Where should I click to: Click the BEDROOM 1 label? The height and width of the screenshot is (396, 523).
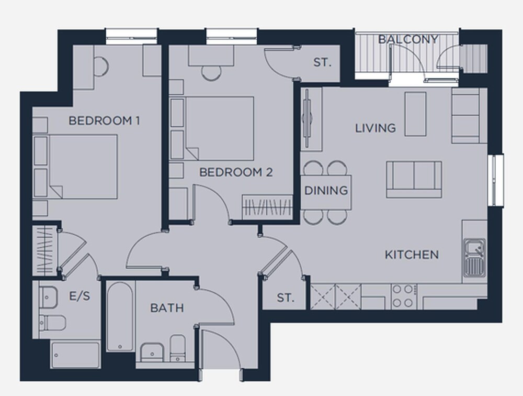click(104, 120)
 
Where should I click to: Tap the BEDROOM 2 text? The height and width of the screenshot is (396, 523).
click(236, 172)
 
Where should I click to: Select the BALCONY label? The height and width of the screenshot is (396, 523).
click(408, 39)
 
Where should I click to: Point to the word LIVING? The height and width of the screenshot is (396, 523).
click(375, 128)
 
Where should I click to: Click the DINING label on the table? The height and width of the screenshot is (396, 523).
click(326, 191)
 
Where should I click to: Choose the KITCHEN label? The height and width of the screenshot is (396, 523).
click(412, 255)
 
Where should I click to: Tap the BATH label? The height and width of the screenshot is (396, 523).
click(167, 308)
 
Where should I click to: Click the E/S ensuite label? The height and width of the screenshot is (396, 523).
click(79, 296)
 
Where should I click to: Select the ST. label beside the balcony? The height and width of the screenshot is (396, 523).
click(322, 62)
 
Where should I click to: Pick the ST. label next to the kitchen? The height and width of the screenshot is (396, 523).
click(286, 298)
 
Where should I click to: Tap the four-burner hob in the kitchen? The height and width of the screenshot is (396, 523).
click(404, 296)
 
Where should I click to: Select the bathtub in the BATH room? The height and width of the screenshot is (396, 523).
click(120, 316)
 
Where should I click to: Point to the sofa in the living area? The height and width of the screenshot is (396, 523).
click(414, 180)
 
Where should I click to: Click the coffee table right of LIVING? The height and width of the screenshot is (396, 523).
click(415, 114)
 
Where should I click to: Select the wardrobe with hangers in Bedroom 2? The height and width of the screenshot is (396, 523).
click(267, 207)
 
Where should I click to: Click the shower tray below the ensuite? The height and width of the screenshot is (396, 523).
click(75, 355)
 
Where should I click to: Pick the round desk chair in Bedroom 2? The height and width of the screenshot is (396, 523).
click(211, 73)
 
